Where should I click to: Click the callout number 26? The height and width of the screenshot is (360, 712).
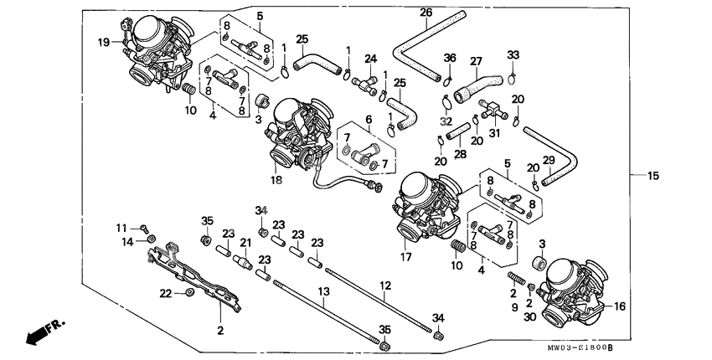coord(426,13)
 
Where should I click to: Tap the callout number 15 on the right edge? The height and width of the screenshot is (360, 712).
coord(654,175)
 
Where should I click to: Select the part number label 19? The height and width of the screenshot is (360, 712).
coord(103,42)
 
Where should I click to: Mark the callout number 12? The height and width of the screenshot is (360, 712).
coord(385,285)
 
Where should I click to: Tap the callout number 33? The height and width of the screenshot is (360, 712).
coord(513,55)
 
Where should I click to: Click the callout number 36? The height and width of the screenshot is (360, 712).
coord(450,58)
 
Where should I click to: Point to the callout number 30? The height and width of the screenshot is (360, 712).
coord(530,318)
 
